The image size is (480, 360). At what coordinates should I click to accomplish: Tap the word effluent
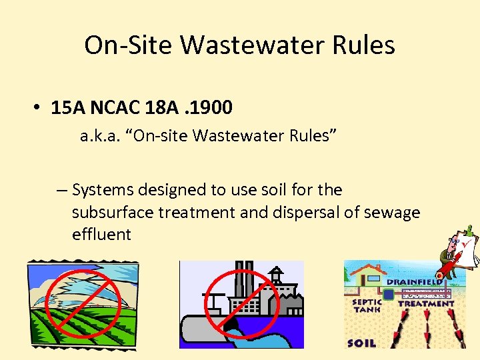101,234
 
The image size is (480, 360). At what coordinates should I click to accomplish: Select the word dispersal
301,212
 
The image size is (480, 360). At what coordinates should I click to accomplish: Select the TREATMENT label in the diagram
426,303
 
